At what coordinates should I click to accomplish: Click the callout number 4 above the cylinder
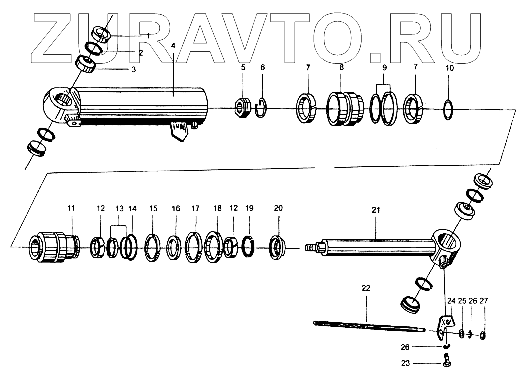coord(173,46)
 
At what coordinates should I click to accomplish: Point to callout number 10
coord(449,67)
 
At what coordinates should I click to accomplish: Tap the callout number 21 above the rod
coord(376,211)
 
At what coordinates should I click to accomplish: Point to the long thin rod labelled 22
coord(368,326)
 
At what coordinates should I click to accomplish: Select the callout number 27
coord(483,301)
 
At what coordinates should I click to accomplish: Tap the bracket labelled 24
coord(442,325)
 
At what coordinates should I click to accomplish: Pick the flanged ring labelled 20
coord(277,246)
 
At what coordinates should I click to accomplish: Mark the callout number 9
coord(385,67)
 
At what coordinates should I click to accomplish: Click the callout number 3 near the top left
coord(133,70)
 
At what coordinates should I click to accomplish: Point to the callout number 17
coord(195,207)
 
